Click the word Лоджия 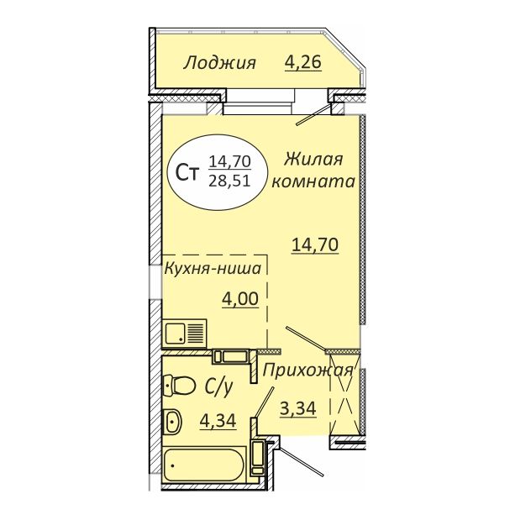pos(220,63)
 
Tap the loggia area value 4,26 pos(302,62)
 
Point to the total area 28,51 pos(229,181)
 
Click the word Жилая pos(313,160)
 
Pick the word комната pos(313,181)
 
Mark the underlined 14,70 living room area pos(315,245)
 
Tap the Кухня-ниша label pos(213,269)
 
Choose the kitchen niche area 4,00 pos(240,299)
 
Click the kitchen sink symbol pos(185,334)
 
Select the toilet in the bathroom pos(179,385)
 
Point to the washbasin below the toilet pos(173,421)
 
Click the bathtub pos(204,465)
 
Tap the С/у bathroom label pos(218,386)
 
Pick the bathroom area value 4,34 pos(218,421)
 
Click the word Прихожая pos(307,370)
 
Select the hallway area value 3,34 pos(298,409)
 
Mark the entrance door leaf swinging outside pos(301,460)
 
